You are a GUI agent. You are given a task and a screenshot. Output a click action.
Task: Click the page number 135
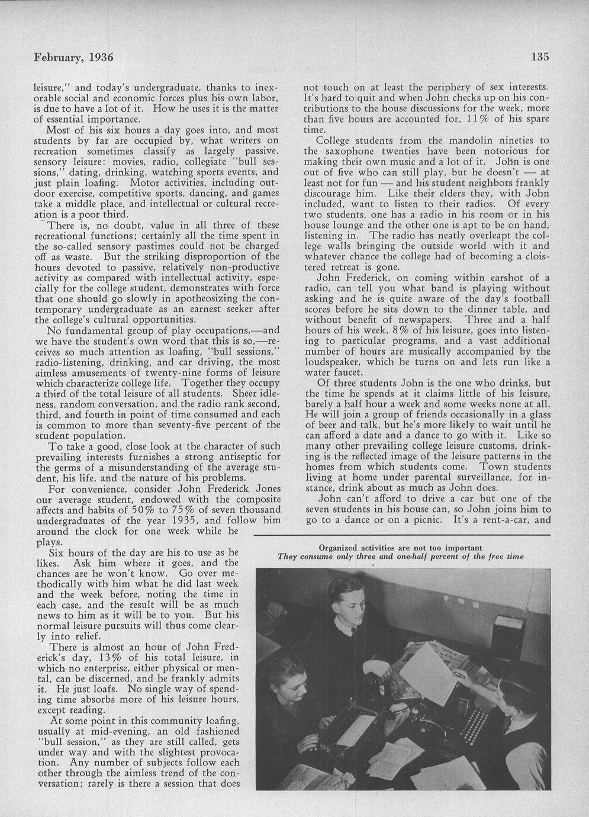(x=540, y=57)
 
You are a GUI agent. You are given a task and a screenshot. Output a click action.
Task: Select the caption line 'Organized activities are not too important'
(x=400, y=547)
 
